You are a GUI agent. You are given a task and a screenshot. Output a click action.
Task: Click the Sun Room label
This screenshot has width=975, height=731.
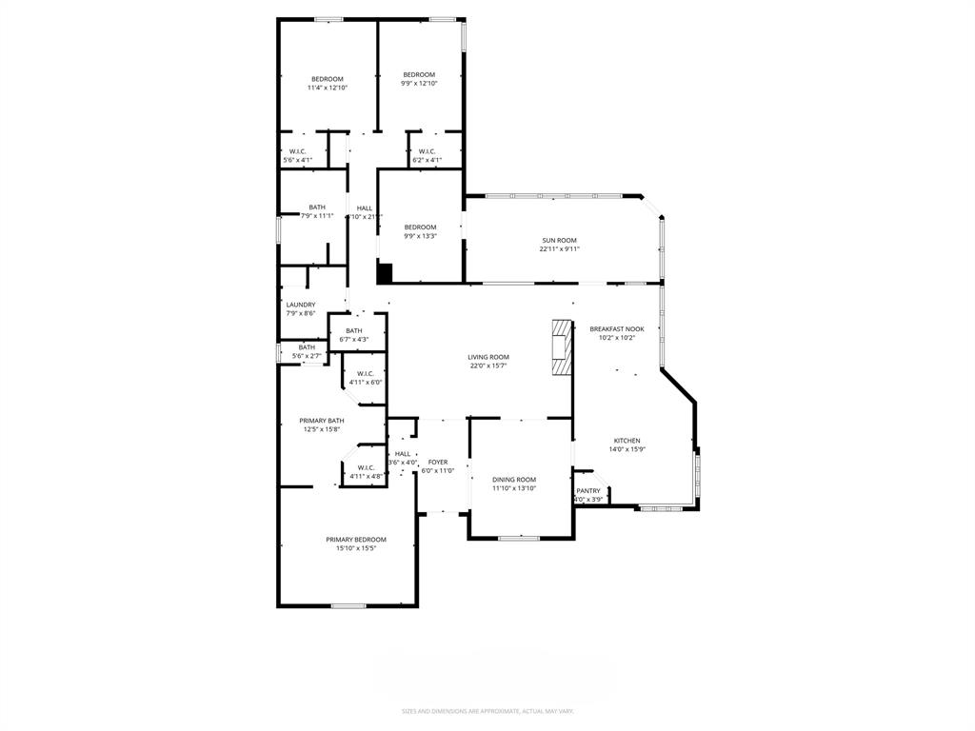[559, 240]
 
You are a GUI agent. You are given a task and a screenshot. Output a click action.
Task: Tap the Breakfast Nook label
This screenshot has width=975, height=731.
[616, 328]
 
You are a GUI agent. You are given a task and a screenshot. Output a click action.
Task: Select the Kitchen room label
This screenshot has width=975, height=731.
[627, 441]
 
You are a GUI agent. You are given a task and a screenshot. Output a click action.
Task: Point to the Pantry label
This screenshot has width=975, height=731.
[588, 491]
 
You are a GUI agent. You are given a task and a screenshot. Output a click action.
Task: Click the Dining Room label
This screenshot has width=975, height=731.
[514, 480]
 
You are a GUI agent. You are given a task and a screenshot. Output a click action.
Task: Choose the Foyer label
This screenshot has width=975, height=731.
[438, 462]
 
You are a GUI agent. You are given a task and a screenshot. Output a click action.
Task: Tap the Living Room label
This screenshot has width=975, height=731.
[487, 357]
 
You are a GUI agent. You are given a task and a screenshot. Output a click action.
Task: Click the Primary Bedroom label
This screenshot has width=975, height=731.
[348, 540]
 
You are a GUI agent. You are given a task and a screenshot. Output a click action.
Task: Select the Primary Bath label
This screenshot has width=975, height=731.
[322, 421]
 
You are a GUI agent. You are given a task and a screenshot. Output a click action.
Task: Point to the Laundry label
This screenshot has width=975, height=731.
[301, 305]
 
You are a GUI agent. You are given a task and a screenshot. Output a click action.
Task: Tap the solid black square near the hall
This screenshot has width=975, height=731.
[385, 273]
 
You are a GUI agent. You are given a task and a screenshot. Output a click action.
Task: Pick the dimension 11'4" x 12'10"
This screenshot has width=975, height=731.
[327, 88]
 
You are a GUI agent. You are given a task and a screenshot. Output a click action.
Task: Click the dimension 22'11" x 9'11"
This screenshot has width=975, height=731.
[559, 249]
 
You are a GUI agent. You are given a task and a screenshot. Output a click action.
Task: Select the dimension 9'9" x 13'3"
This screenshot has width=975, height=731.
[420, 236]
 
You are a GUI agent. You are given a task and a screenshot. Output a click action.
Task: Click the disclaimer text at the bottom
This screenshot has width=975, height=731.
[487, 710]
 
